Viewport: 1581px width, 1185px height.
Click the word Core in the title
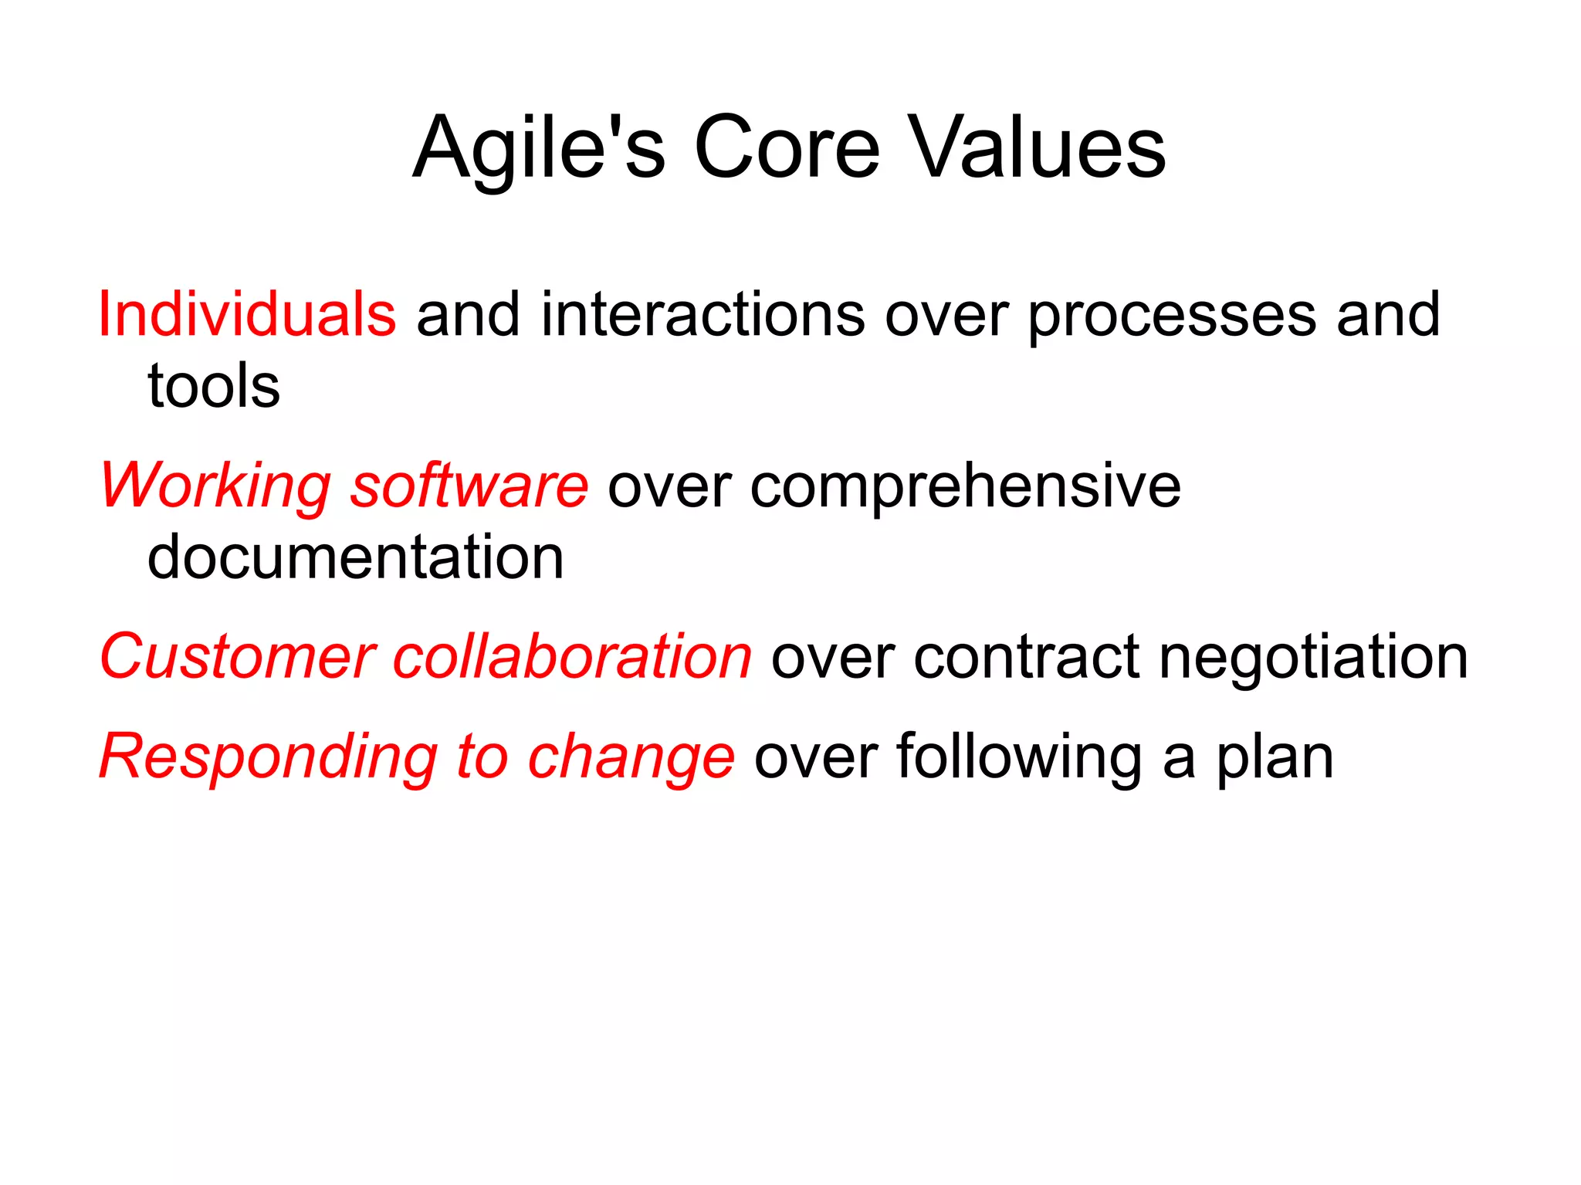786,148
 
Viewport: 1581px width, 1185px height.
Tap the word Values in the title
1039,148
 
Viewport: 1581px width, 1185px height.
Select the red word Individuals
247,315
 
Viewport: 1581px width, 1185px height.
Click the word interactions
702,315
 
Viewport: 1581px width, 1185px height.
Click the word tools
214,386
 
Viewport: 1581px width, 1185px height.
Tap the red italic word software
469,486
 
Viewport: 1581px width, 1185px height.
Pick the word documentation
355,557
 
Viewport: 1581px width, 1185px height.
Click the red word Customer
238,658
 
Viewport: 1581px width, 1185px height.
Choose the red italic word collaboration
572,658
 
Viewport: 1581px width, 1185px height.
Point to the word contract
1027,658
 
